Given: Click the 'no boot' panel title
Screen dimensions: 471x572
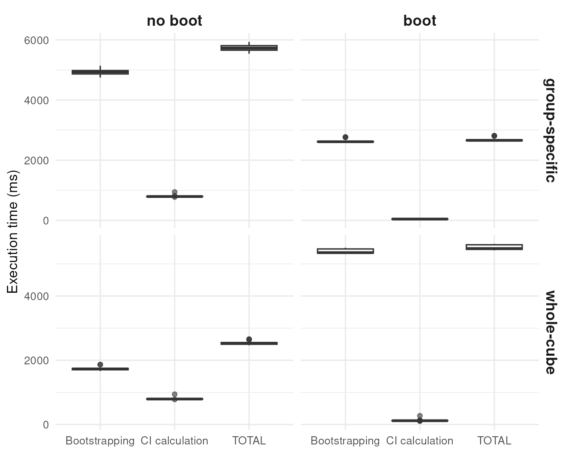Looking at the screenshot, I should click(174, 21).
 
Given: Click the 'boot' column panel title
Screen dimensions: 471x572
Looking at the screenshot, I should click(420, 21).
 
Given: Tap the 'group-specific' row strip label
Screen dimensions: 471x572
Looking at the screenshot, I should click(550, 130).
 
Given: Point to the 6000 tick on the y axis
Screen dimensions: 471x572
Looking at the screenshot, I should click(36, 40).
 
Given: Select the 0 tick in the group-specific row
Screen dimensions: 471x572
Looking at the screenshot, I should click(45, 221).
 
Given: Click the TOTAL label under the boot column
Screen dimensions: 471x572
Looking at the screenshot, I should click(494, 441).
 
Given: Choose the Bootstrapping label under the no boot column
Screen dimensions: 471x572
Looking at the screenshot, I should click(100, 441).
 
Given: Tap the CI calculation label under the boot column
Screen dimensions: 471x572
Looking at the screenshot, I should click(420, 441).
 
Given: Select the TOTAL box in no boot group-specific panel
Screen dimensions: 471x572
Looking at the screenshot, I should click(249, 48).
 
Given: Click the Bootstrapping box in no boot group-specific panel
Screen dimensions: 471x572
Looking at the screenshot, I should click(100, 72).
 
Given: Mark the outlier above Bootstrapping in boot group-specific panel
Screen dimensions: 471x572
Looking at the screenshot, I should click(345, 137).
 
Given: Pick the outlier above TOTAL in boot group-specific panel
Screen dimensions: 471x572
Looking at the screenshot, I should click(494, 136).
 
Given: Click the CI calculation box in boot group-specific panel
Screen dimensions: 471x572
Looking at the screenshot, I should click(420, 219).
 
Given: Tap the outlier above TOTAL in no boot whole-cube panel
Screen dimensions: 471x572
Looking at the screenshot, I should click(249, 339).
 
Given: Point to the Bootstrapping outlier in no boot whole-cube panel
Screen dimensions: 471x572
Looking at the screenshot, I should click(100, 364).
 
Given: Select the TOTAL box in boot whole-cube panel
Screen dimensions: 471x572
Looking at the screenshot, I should click(494, 247).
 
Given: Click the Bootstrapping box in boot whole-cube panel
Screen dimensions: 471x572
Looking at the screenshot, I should click(345, 251).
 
